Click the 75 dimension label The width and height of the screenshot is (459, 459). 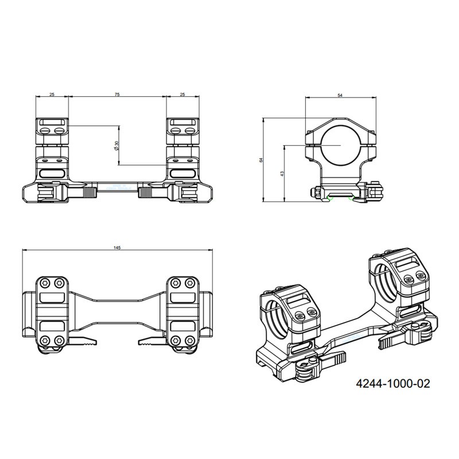point(117,95)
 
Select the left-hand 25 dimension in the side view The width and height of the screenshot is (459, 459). point(52,95)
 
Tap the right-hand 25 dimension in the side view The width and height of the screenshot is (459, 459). point(182,95)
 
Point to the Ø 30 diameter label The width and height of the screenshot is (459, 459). point(116,146)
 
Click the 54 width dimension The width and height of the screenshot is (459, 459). point(340,95)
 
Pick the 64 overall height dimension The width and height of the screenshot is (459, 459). point(262,160)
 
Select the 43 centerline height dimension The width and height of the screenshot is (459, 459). point(282,173)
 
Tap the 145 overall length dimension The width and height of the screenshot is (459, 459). point(117,248)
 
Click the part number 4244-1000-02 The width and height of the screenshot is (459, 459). point(393,383)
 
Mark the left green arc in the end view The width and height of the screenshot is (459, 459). point(330,199)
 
